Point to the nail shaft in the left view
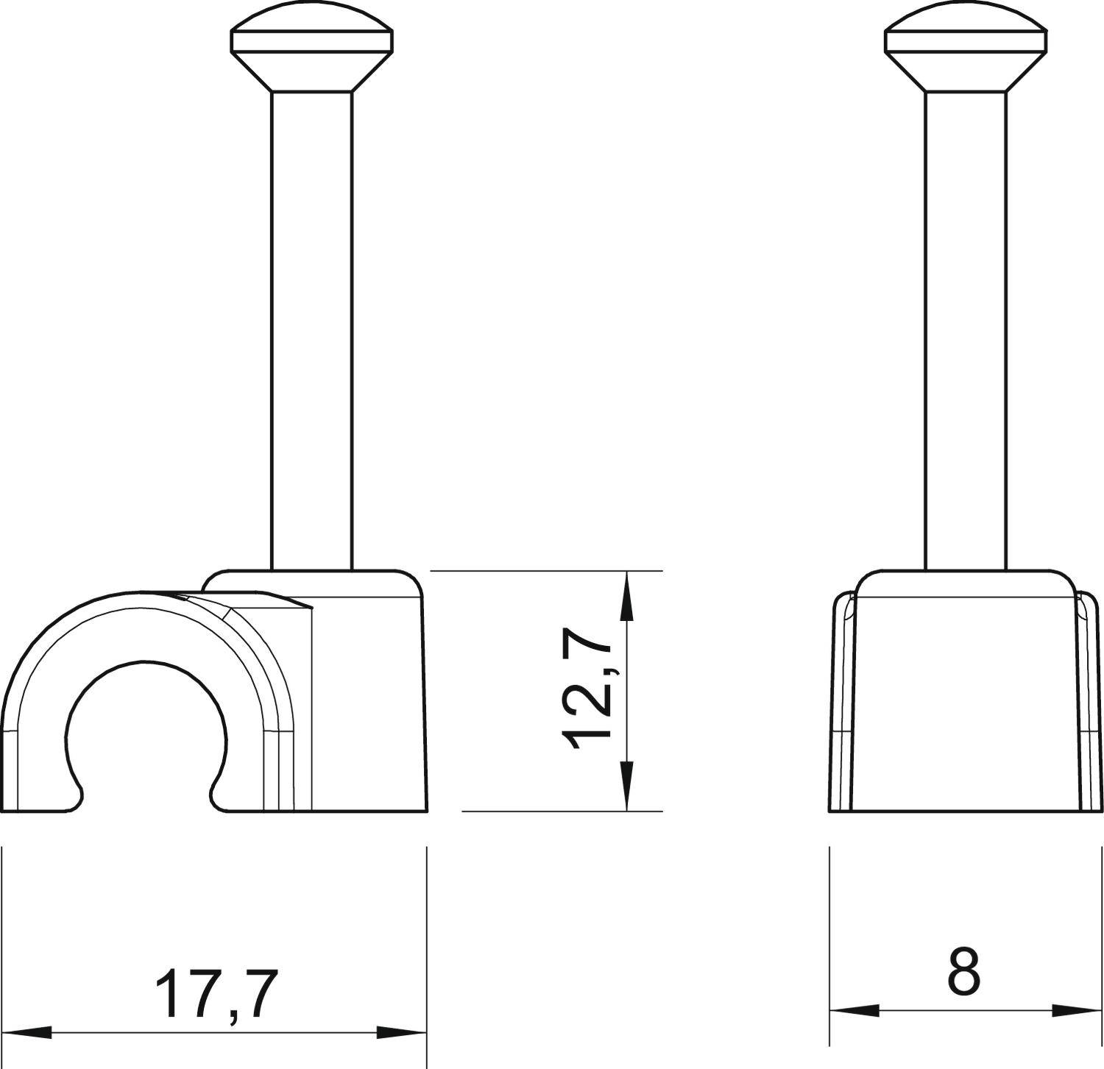tap(312, 331)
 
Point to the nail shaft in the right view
tap(966, 331)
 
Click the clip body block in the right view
tap(965, 699)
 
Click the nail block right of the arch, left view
tap(368, 699)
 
